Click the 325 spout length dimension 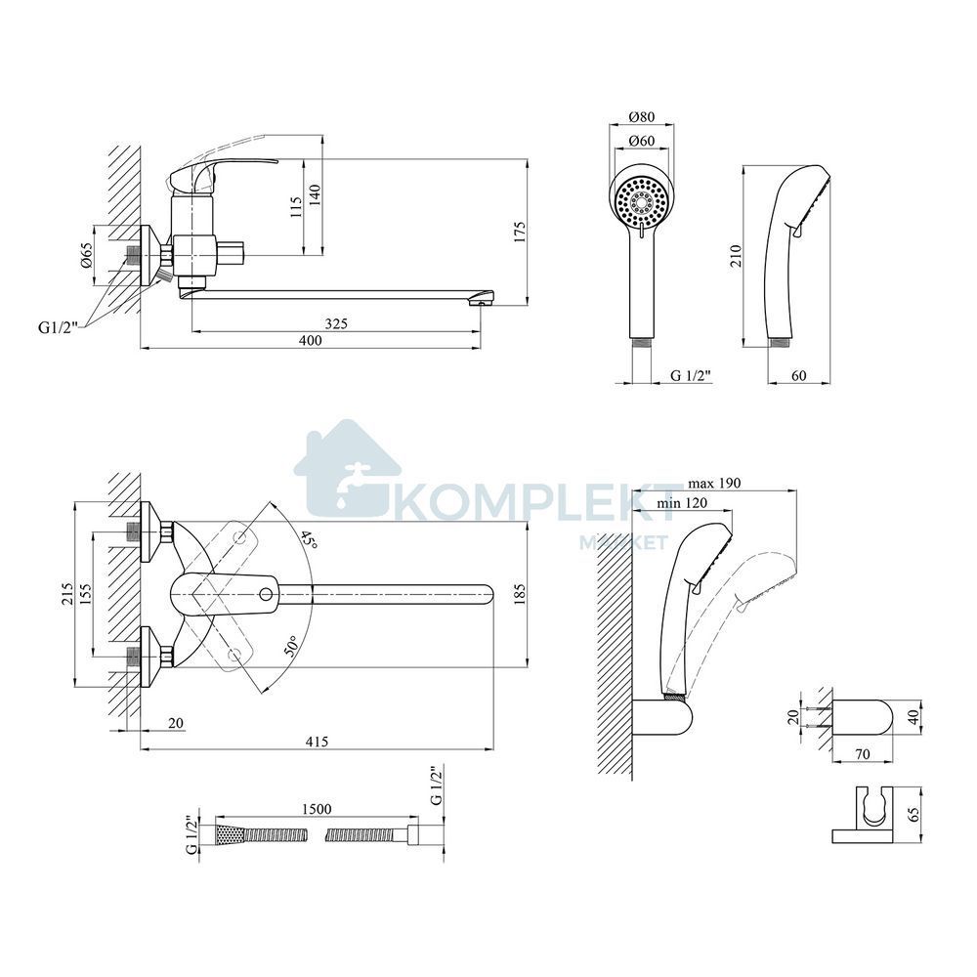click(x=336, y=323)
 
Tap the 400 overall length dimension click(x=311, y=340)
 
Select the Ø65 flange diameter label click(x=86, y=255)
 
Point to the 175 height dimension click(x=521, y=232)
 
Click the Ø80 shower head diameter click(x=642, y=116)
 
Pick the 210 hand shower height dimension click(x=736, y=255)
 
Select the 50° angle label click(x=291, y=647)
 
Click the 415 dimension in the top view click(x=316, y=741)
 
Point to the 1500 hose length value click(x=316, y=809)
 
